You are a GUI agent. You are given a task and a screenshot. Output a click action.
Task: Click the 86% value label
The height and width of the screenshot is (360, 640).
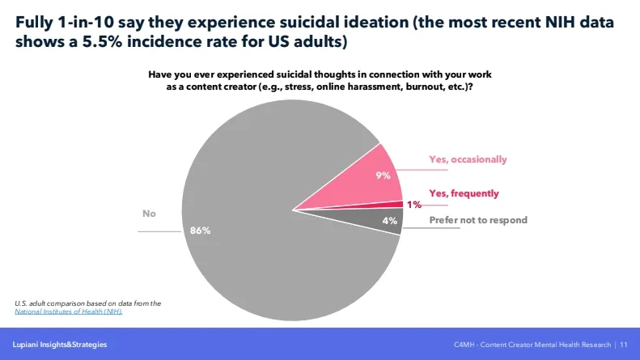point(200,231)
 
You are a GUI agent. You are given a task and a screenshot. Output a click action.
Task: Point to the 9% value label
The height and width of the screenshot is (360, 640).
point(384,175)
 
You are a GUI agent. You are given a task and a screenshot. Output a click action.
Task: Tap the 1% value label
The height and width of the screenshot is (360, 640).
point(413,205)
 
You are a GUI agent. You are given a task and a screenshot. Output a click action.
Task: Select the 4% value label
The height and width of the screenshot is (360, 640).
point(388,221)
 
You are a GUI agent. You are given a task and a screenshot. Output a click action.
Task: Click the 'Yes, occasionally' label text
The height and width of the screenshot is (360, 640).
point(468,159)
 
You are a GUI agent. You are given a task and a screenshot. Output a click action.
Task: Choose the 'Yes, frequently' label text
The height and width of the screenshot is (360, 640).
point(464,193)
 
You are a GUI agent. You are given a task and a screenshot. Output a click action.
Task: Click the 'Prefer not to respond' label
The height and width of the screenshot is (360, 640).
point(477,220)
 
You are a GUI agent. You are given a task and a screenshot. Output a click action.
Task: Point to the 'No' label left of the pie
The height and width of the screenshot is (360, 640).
point(149,214)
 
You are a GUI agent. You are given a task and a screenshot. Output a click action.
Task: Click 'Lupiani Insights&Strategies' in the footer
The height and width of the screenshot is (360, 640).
point(59,345)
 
